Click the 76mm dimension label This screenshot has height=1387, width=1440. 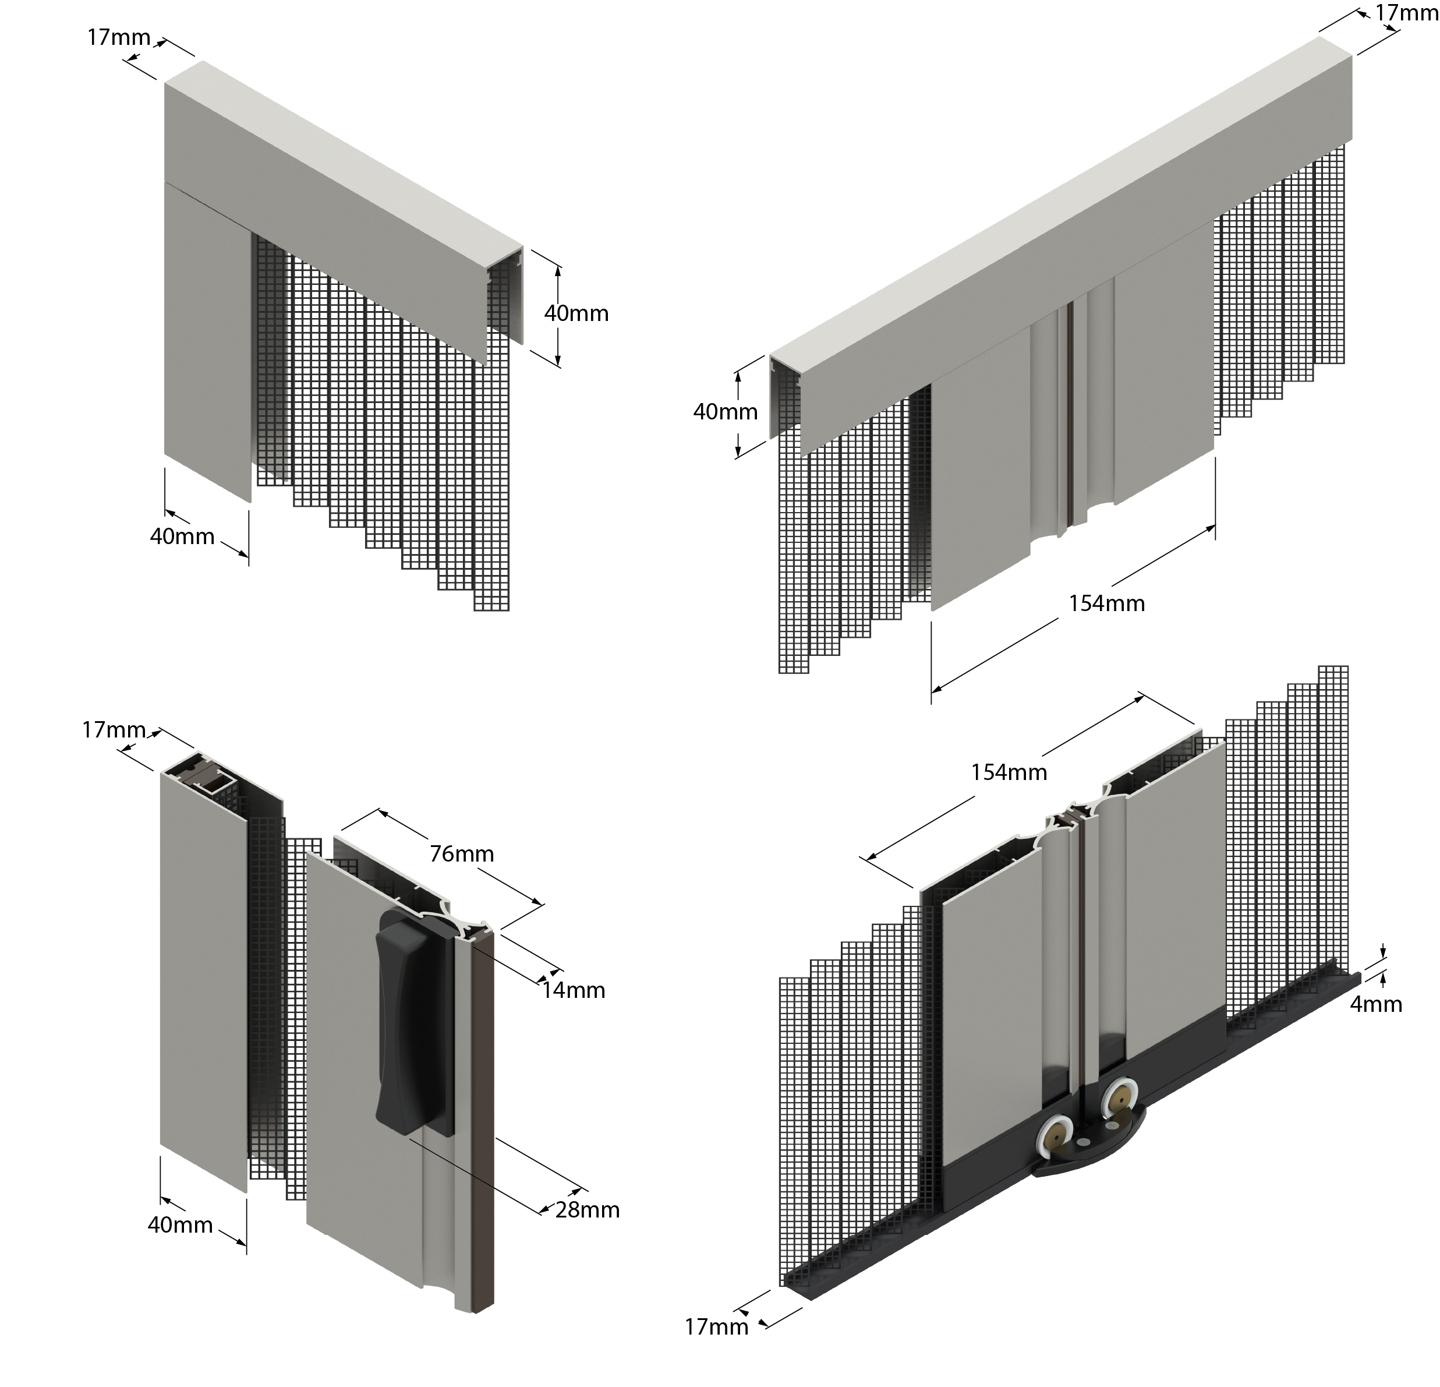[461, 853]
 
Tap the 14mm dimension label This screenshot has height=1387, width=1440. [574, 990]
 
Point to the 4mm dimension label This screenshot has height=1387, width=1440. [1376, 1004]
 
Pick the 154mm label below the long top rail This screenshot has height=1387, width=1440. [1106, 603]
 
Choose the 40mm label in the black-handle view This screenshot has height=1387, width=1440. [180, 1224]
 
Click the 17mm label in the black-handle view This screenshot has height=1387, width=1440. [114, 730]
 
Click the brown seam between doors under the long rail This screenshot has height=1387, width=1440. [1070, 412]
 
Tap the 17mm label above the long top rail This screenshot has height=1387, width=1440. [1406, 12]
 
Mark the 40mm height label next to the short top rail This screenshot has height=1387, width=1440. [576, 313]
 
